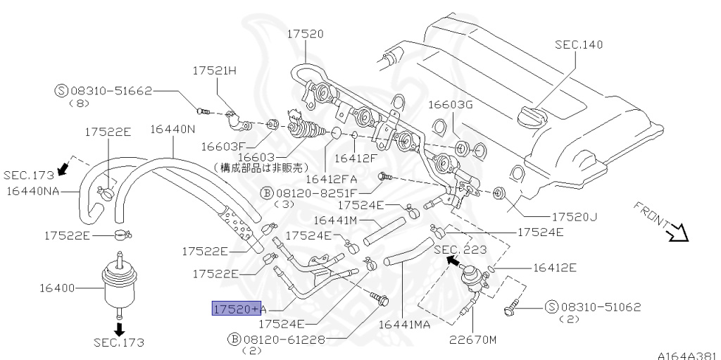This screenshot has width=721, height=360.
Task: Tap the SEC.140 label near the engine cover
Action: [x=579, y=44]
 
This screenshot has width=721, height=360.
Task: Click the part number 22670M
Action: [x=473, y=340]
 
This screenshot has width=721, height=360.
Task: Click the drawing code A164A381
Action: [x=689, y=354]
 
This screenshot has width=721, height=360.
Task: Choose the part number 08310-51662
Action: [x=111, y=90]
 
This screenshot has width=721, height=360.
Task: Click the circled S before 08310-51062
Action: [x=551, y=306]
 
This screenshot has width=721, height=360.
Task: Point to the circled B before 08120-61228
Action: [x=234, y=339]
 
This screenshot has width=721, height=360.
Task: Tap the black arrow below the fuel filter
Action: [x=119, y=328]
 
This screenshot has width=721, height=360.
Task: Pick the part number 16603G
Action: [x=451, y=105]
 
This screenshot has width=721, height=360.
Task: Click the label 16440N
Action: [x=173, y=129]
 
